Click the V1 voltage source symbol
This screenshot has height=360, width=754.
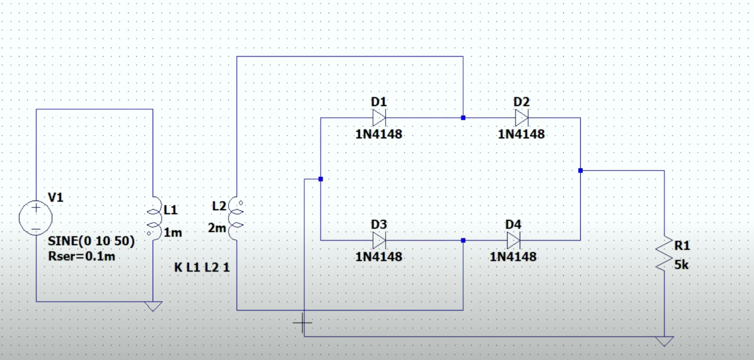[x=36, y=218]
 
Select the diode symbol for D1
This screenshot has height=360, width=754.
[x=379, y=118]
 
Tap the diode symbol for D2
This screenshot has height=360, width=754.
[x=522, y=118]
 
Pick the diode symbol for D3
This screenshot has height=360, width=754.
[x=379, y=241]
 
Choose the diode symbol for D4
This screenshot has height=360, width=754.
[x=513, y=241]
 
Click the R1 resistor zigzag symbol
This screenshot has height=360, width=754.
[x=664, y=253]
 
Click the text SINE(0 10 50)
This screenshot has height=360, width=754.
[x=91, y=241]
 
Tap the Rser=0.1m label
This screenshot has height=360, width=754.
[x=81, y=257]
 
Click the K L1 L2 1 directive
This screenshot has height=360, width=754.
[x=201, y=268]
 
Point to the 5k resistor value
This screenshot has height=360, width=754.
[x=681, y=265]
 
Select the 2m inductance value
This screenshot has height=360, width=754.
[x=217, y=228]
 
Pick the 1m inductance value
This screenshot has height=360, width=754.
[x=172, y=233]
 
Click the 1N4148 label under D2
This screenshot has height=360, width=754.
[x=521, y=134]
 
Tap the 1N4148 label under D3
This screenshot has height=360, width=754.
[x=379, y=257]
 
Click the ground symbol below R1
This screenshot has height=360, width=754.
[x=664, y=342]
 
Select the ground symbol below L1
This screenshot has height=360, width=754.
[x=153, y=306]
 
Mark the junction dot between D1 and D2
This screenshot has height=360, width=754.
[x=463, y=118]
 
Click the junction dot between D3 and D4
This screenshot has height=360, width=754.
[x=463, y=241]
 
